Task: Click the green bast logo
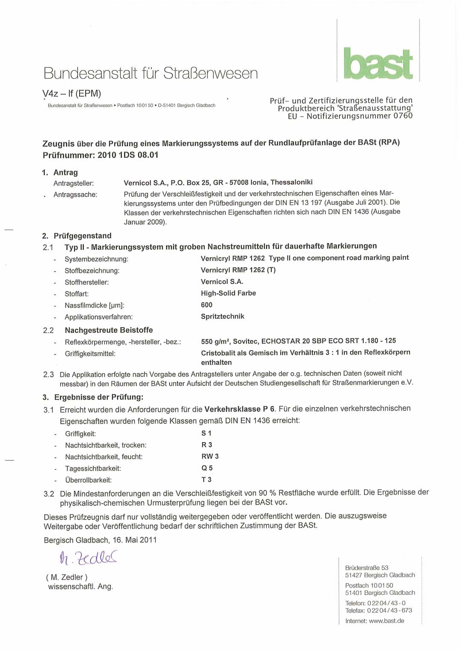[x=378, y=64]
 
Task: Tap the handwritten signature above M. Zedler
[x=88, y=558]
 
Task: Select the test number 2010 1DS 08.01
[x=128, y=155]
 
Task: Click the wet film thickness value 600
[x=207, y=305]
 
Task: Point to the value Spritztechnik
[x=223, y=316]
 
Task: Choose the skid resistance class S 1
[x=206, y=433]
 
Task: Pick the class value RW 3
[x=210, y=456]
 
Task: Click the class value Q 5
[x=207, y=468]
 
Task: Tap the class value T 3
[x=207, y=479]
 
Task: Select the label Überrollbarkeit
[x=89, y=480]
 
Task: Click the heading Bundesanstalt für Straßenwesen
[x=151, y=74]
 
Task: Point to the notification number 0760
[x=403, y=116]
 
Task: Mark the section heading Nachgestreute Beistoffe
[x=109, y=330]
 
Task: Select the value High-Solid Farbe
[x=229, y=293]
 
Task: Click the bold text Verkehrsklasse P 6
[x=240, y=409]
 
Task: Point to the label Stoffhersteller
[x=87, y=282]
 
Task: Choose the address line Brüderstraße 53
[x=367, y=568]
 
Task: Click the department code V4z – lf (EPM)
[x=72, y=94]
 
